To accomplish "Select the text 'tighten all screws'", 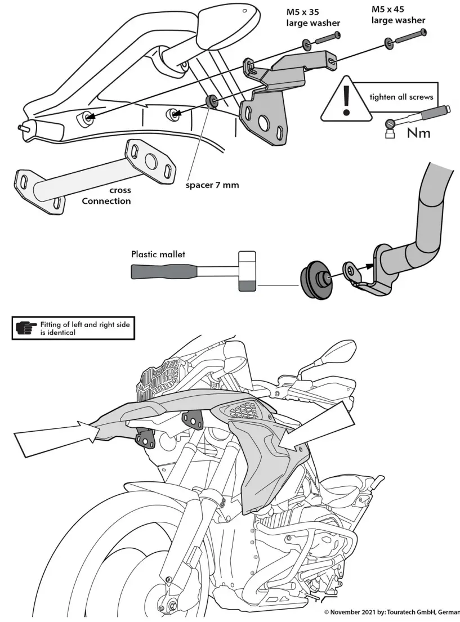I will pyautogui.click(x=401, y=97).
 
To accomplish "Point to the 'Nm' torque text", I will pyautogui.click(x=418, y=133).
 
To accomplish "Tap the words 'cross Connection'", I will pyautogui.click(x=106, y=196).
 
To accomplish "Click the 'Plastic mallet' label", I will pyautogui.click(x=158, y=254).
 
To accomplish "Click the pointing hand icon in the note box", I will pyautogui.click(x=26, y=328).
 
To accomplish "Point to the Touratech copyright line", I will pyautogui.click(x=392, y=612).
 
